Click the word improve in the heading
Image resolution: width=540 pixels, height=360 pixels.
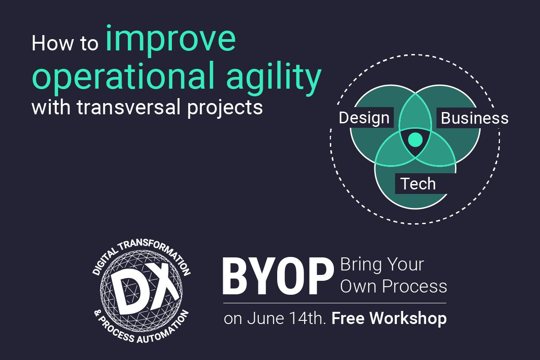[171, 40]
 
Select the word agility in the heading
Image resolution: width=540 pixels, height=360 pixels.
[274, 77]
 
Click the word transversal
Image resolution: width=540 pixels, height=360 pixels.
[129, 107]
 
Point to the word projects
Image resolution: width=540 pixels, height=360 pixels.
[225, 108]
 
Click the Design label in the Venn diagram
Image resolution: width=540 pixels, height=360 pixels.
[364, 118]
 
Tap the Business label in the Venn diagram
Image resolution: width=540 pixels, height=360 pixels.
[475, 118]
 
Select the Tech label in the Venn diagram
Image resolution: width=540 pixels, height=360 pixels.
[418, 184]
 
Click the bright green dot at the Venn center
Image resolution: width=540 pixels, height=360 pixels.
[415, 139]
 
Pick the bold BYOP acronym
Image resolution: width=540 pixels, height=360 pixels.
[278, 277]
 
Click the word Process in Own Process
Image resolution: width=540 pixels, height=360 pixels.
[414, 286]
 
